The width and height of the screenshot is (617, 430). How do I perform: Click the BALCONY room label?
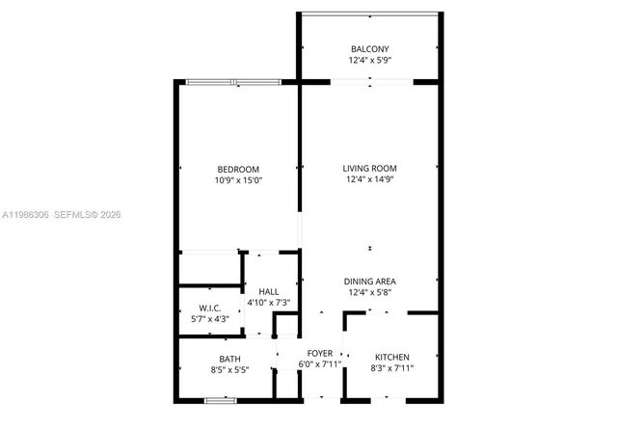(370, 48)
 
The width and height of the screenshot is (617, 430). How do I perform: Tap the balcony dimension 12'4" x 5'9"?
(370, 60)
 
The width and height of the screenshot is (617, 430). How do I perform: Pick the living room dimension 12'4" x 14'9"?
(370, 179)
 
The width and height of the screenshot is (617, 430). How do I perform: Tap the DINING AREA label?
(370, 281)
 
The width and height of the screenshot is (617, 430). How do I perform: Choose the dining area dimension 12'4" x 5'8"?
(370, 292)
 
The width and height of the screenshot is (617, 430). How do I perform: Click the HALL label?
(269, 291)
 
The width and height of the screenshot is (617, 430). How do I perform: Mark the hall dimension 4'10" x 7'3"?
(269, 303)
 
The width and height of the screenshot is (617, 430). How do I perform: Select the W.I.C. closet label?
(209, 308)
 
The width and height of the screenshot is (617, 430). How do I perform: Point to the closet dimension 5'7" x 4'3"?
(209, 319)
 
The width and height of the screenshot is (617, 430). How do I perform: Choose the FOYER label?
(319, 354)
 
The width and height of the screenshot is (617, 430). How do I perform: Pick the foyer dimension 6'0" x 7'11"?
(319, 365)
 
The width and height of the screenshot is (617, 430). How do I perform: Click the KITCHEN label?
(391, 356)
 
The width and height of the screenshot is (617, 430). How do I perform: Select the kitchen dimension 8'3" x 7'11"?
(391, 367)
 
